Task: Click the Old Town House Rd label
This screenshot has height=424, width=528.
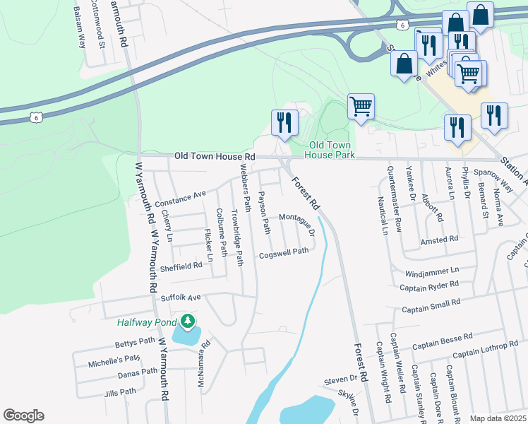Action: [x=215, y=155]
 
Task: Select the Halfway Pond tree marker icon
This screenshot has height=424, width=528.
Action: [x=187, y=322]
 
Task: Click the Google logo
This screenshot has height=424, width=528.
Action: [x=23, y=416]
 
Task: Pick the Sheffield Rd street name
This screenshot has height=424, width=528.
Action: [x=181, y=265]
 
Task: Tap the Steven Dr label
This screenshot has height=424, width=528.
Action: [x=342, y=380]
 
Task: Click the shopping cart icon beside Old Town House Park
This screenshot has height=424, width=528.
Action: [x=361, y=107]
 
